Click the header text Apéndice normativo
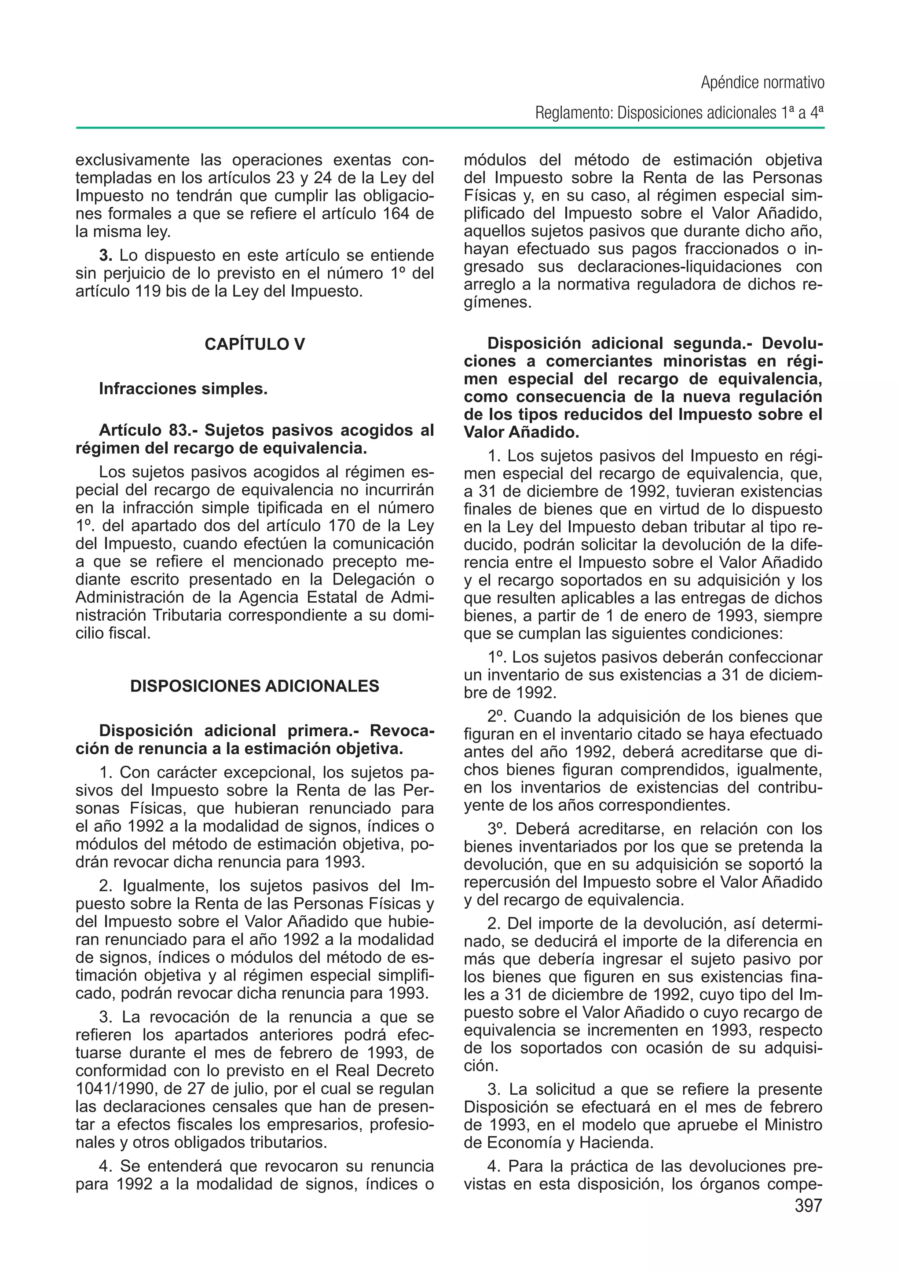click(762, 83)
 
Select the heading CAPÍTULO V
click(255, 344)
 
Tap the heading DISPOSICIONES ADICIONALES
click(255, 686)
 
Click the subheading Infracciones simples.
click(183, 389)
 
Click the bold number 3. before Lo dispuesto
click(106, 256)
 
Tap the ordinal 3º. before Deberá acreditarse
click(498, 829)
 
